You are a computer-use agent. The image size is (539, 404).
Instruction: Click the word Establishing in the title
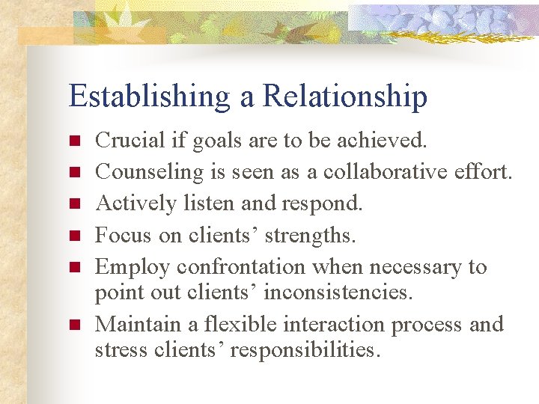[148, 97]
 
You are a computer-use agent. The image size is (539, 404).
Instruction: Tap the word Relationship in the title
[346, 97]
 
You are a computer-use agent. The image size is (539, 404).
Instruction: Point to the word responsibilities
[305, 349]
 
